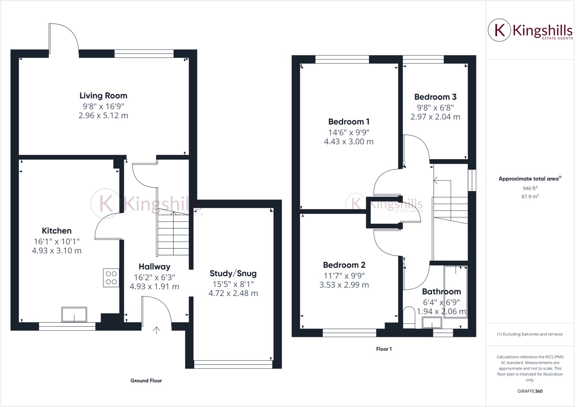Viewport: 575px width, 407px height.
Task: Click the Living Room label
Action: point(103,96)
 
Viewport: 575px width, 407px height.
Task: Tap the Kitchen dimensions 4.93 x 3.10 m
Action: point(57,251)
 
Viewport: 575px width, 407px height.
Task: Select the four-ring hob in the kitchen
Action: point(111,278)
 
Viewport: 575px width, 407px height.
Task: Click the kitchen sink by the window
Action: point(74,315)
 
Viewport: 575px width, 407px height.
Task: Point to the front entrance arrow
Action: point(156,330)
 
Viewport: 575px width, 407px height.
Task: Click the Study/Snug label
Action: point(233,273)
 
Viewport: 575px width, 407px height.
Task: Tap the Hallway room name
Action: point(154,267)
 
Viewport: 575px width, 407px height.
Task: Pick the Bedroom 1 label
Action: point(349,122)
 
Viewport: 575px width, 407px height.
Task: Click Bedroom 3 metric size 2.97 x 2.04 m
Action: point(435,117)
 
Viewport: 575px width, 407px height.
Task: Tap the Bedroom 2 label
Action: point(344,265)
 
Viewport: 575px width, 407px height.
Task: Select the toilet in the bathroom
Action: point(409,317)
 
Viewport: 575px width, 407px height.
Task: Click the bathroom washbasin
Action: point(432,323)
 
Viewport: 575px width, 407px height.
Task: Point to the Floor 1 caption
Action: point(384,349)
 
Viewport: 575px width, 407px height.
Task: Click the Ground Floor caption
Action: point(146,381)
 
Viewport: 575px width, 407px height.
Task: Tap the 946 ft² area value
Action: point(530,188)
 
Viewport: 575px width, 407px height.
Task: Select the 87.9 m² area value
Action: point(530,197)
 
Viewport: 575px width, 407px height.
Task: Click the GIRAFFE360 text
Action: point(530,391)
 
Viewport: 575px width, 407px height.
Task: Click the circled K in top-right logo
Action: point(499,30)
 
